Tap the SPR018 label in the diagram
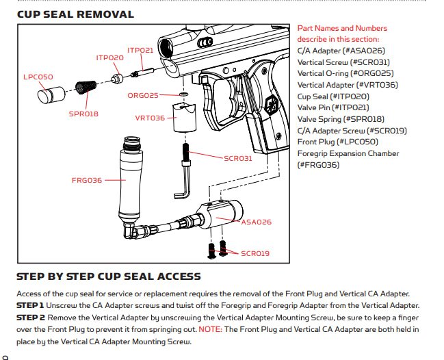point(83,114)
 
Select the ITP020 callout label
point(109,58)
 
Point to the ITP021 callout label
point(140,51)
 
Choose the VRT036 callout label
point(150,118)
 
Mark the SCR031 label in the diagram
point(238,158)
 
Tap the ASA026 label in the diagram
point(257,222)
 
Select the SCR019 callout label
point(255,253)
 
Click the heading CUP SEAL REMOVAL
point(75,14)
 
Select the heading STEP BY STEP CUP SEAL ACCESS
point(108,277)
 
